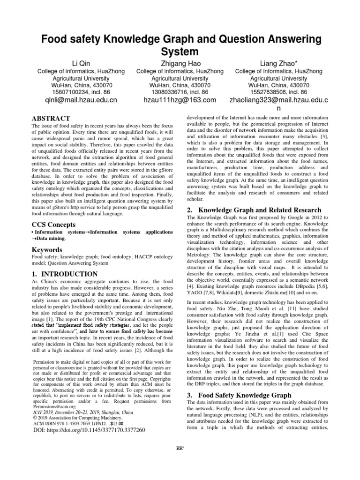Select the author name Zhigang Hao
pos(180,63)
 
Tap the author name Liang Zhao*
pos(278,63)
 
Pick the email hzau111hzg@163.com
pos(180,100)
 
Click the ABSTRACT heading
pos(51,119)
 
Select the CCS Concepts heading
pos(54,225)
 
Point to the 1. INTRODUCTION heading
pos(64,274)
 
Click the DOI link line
pos(89,429)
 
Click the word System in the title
pos(180,51)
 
